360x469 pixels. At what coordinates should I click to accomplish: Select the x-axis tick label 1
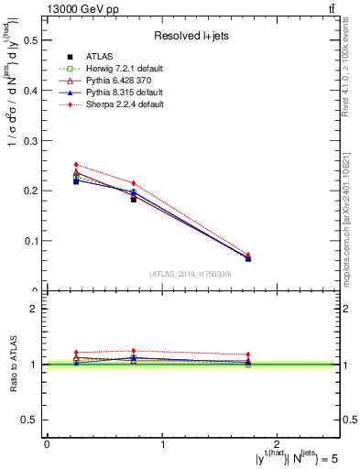(x=163, y=443)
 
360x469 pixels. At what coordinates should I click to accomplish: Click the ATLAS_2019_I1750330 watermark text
(x=191, y=273)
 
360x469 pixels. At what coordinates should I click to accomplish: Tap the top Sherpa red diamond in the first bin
(x=76, y=165)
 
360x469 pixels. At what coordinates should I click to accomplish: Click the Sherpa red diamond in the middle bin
(x=134, y=183)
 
